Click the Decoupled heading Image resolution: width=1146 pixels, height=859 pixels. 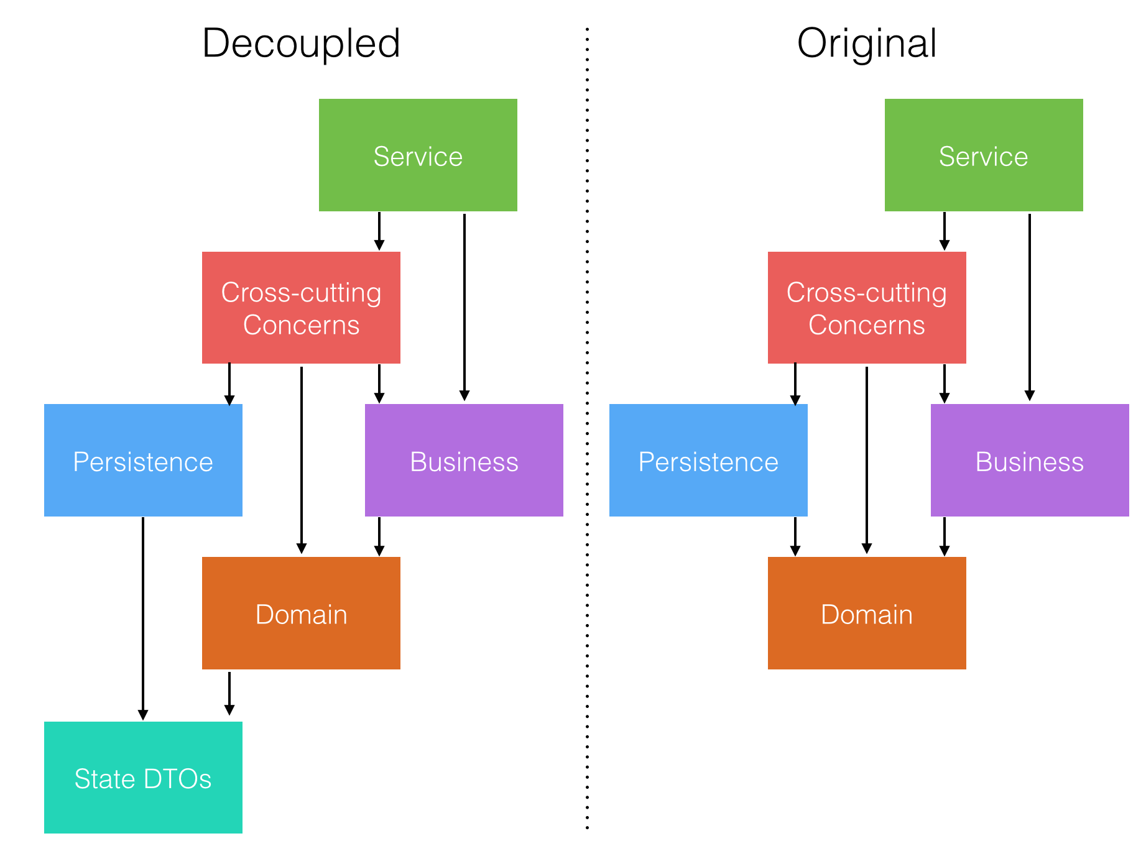point(301,44)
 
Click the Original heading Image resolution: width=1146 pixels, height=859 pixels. point(866,44)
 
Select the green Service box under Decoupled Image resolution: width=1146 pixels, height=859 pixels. point(418,155)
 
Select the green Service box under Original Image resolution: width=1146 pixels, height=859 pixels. point(983,155)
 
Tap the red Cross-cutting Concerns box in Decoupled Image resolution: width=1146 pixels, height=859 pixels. point(301,308)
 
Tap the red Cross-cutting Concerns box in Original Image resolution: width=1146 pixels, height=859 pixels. point(866,308)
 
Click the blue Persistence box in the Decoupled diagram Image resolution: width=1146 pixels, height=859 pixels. point(143,460)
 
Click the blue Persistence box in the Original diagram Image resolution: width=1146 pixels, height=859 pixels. point(708,460)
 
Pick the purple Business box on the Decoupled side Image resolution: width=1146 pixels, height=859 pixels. point(464,460)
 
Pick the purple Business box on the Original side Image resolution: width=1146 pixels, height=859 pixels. point(1029,460)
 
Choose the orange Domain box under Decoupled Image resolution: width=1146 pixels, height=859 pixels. point(301,613)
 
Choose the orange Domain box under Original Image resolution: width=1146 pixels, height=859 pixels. point(866,613)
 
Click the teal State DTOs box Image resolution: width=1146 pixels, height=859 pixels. point(143,778)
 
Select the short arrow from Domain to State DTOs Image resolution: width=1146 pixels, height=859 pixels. point(229,693)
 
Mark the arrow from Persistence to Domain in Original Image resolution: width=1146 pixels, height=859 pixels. point(795,536)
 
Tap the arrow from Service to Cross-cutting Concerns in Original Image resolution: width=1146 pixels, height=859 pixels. point(944,231)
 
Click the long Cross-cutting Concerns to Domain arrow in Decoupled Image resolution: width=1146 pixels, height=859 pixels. point(302,460)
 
